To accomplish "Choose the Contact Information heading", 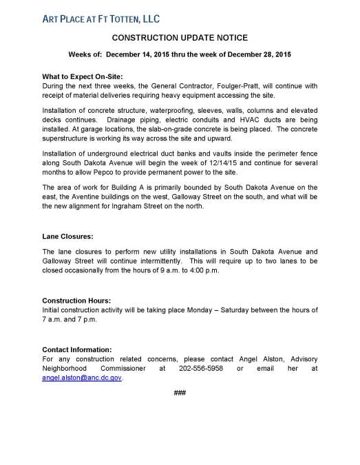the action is [77, 349].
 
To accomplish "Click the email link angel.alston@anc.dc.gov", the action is [82, 378].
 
